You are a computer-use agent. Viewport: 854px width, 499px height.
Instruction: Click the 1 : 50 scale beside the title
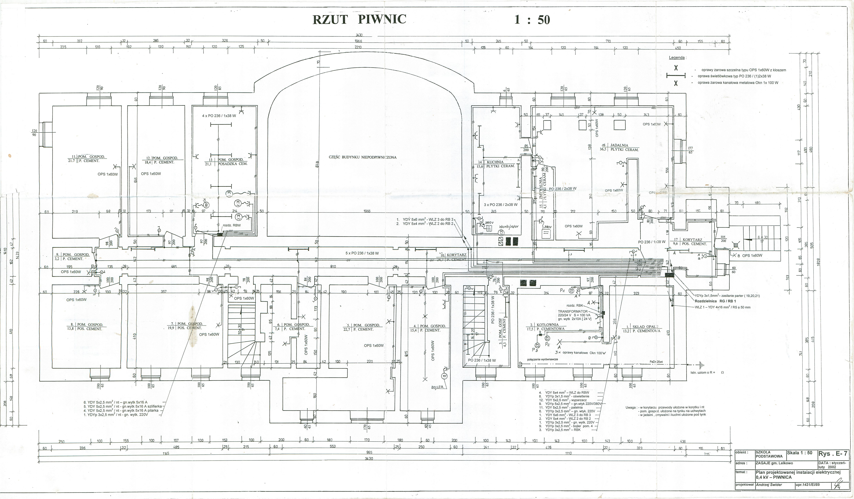coord(532,20)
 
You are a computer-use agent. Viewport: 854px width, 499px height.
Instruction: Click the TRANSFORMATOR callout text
coord(573,311)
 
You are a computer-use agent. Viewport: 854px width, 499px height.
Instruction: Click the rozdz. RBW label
coord(231,225)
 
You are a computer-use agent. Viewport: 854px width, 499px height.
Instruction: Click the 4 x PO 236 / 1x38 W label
coord(219,116)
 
